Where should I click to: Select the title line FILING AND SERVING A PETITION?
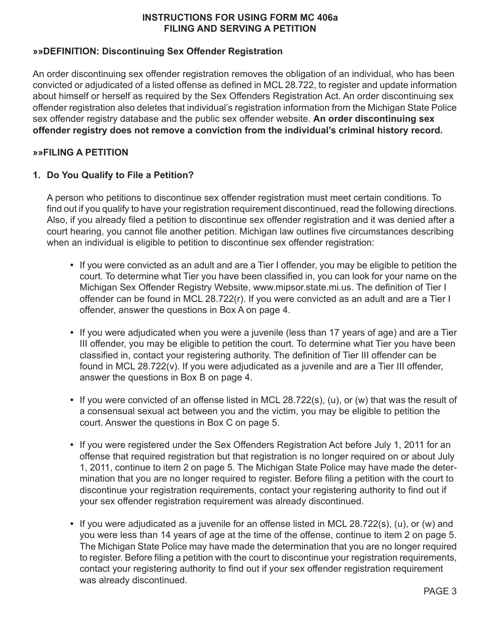pyautogui.click(x=240, y=29)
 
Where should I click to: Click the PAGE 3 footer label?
pyautogui.click(x=440, y=591)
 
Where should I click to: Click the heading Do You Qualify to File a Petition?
pyautogui.click(x=120, y=175)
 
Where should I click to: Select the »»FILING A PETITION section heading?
pyautogui.click(x=81, y=152)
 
